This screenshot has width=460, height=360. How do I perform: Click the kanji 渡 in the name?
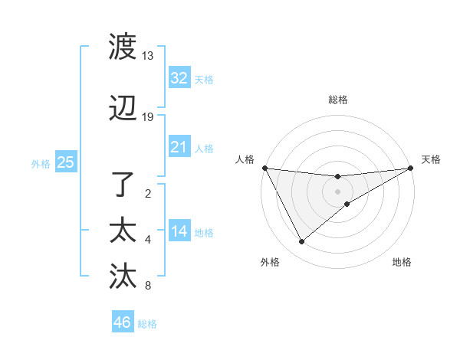point(123,46)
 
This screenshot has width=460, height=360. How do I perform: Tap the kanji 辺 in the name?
point(123,110)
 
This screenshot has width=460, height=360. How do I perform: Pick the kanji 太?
point(123,231)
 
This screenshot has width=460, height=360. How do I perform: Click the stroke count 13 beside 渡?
point(148,56)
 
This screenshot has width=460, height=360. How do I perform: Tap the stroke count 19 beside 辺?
point(148,117)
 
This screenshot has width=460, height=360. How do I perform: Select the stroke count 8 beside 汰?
point(148,286)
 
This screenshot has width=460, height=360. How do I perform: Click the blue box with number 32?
point(179,77)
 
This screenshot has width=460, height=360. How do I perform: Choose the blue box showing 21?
point(179,147)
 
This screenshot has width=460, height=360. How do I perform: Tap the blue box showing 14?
point(179,231)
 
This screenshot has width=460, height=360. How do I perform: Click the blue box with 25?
point(65,162)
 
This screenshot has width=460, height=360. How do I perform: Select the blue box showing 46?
point(123,322)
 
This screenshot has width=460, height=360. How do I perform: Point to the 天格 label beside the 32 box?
point(204,79)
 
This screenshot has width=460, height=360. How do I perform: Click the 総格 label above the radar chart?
point(338,100)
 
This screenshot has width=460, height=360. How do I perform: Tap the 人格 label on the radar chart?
point(245,159)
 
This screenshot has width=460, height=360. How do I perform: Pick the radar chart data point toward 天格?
point(411,167)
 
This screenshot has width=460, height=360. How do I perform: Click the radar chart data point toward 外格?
point(301,242)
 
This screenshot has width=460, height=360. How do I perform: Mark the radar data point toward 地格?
point(347,204)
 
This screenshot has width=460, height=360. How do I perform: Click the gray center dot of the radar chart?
point(338,191)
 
